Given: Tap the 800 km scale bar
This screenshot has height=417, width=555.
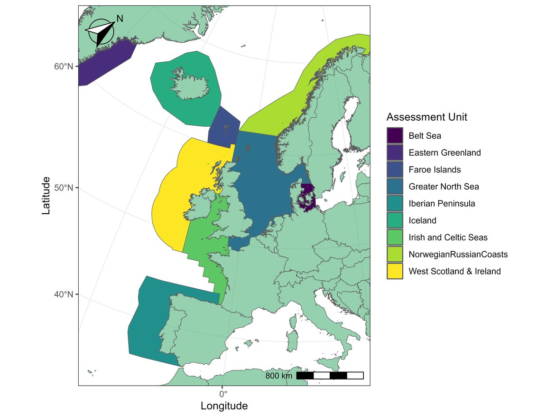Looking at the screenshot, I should (330, 376).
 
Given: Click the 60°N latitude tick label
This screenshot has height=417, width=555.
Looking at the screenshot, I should (63, 66).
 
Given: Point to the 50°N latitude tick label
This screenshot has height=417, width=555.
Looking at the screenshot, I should (63, 188).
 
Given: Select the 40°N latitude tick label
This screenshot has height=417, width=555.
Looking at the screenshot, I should (63, 294).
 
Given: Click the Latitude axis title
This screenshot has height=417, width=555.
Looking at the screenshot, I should (46, 195).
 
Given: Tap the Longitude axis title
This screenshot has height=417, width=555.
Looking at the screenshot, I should (224, 407).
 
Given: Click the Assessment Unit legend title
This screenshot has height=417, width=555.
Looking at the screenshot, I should (426, 117).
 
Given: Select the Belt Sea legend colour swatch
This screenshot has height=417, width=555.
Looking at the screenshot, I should (395, 136).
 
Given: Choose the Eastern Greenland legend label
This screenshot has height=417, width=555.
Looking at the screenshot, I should (444, 153).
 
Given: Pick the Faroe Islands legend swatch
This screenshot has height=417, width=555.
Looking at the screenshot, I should (395, 170).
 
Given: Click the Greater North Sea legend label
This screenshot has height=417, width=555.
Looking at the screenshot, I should (444, 187).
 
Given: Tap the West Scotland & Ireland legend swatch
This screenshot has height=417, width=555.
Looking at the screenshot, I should (395, 271).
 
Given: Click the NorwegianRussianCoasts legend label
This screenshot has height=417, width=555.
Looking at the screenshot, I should (458, 255).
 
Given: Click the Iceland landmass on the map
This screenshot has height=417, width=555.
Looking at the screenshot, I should (190, 85).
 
